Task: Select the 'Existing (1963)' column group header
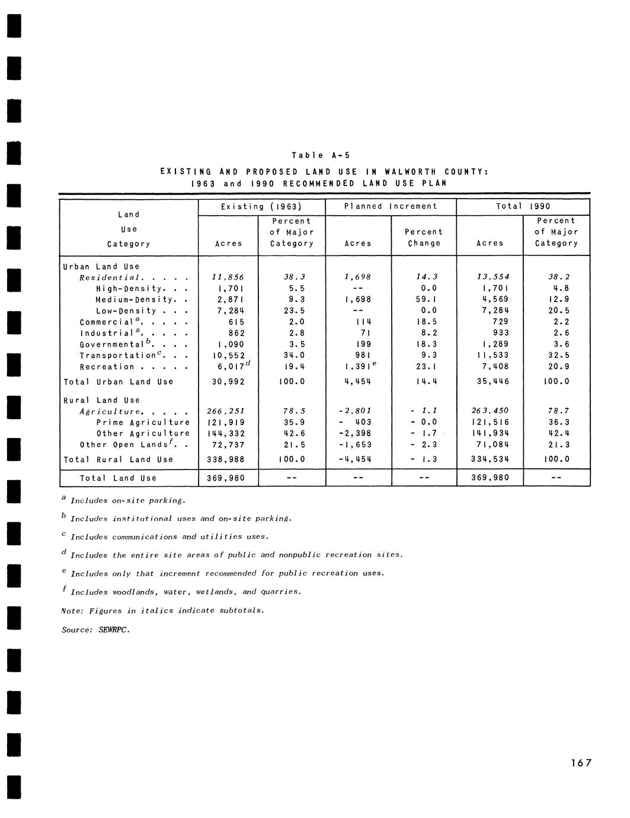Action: tap(261, 206)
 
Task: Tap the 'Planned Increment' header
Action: tap(391, 206)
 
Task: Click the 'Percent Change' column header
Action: tap(424, 237)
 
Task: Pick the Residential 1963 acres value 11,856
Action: tap(228, 277)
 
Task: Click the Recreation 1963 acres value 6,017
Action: tap(228, 367)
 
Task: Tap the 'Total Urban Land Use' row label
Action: tap(118, 382)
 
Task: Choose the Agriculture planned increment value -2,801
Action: tap(357, 411)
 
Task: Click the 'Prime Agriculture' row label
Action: tap(143, 423)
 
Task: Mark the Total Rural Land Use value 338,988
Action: tap(228, 459)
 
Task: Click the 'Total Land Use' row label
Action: tap(119, 478)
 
